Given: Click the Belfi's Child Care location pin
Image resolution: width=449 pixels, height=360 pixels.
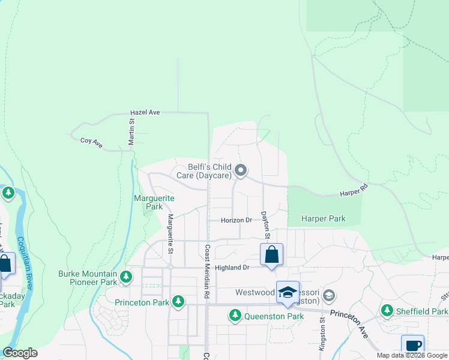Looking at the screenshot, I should pos(241,171).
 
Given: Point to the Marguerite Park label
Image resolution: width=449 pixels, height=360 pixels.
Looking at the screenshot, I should pos(154,202).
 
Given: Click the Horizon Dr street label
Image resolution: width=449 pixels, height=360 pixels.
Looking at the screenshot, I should pos(237,220).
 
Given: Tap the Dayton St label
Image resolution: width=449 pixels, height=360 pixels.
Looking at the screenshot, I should pos(263,223).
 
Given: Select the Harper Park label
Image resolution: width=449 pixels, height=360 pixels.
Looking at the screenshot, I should pos(324,219).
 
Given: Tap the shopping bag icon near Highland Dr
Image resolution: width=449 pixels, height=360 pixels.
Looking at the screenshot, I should pos(271,255).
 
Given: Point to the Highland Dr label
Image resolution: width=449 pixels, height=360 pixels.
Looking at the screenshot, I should pos(232,268).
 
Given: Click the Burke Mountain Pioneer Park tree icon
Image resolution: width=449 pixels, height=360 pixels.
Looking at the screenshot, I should pos(125,277).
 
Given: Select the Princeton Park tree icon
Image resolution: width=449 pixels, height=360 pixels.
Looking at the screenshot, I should pos(178,302).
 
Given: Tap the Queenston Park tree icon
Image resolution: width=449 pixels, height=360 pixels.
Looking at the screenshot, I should pos(236,315).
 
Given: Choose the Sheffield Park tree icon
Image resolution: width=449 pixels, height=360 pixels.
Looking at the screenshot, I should pos(387,311).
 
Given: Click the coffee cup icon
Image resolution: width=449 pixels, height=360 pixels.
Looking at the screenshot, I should pos(413,346).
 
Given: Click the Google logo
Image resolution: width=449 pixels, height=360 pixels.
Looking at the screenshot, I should pos(20,352).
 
